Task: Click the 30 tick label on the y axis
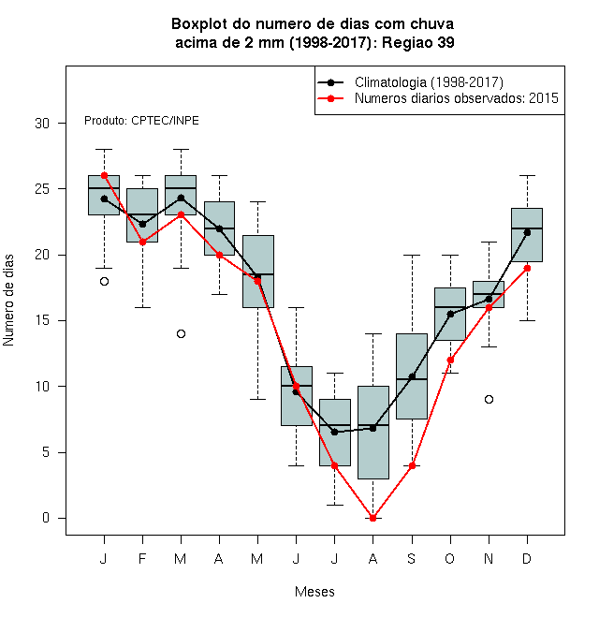(42, 124)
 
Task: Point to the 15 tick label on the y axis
(42, 320)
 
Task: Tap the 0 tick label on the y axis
(46, 518)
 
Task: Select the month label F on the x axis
(142, 558)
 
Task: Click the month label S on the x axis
(412, 558)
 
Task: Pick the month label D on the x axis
(527, 558)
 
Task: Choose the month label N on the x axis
(489, 558)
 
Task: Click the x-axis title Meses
(314, 592)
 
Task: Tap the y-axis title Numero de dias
(8, 301)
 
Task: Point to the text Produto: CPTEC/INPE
(141, 121)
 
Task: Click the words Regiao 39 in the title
(418, 42)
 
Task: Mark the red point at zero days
(373, 518)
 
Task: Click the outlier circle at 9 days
(489, 399)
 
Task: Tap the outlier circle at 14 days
(181, 334)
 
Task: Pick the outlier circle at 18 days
(104, 282)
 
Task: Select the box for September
(412, 376)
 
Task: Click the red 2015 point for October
(450, 360)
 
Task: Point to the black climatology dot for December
(527, 232)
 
